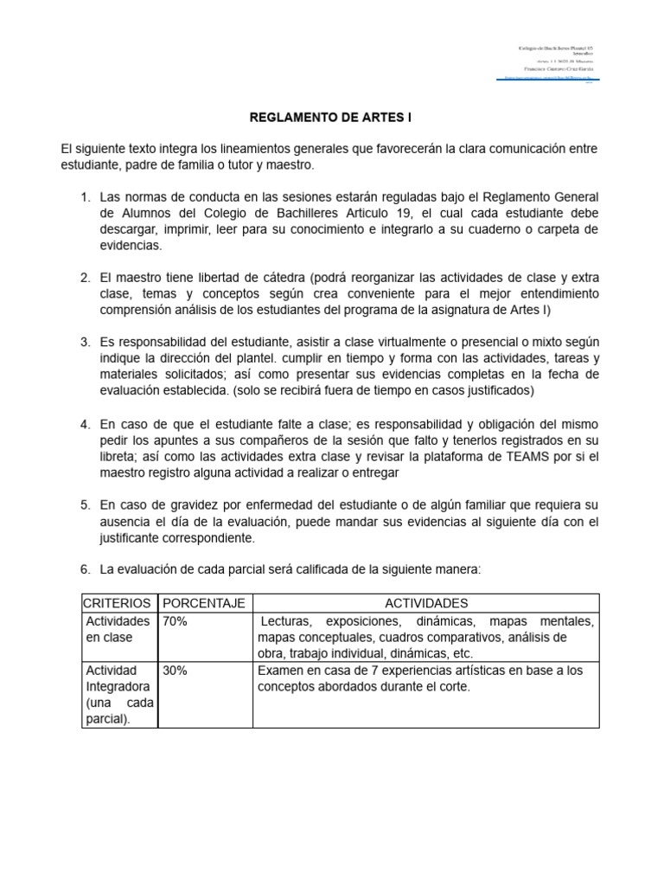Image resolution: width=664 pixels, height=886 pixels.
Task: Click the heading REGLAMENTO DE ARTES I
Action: click(x=331, y=117)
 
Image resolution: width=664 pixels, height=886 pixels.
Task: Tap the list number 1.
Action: click(x=85, y=197)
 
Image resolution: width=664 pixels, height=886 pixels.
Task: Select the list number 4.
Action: click(x=85, y=425)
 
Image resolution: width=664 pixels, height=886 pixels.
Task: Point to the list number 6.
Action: click(x=85, y=569)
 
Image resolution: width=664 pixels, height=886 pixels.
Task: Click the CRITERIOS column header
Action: click(x=118, y=603)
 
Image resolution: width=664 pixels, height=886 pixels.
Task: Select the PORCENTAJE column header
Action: click(x=204, y=603)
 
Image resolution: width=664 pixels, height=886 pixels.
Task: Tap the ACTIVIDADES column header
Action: click(x=425, y=603)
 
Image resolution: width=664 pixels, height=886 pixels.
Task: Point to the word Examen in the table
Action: click(x=281, y=671)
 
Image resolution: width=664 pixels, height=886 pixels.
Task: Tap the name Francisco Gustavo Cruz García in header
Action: click(x=553, y=67)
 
